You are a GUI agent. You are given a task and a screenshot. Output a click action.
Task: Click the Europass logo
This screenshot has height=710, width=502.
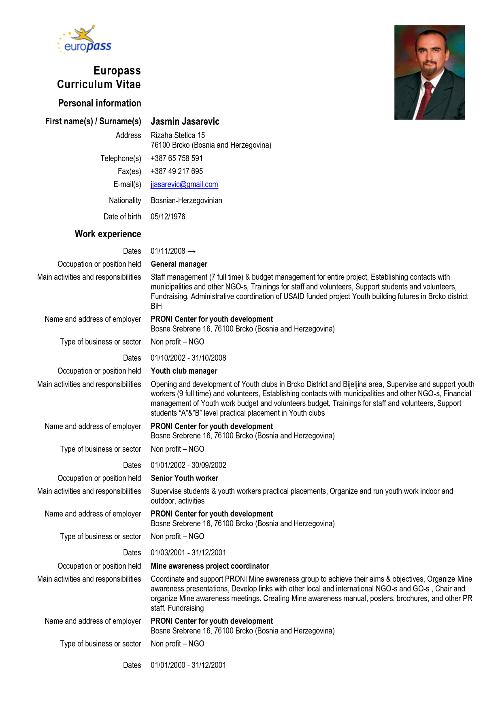(x=85, y=40)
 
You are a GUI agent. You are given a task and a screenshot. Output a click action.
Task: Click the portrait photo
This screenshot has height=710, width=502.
(x=430, y=72)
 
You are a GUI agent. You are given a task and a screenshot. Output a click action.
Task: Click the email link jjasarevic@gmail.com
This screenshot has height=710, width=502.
(x=184, y=185)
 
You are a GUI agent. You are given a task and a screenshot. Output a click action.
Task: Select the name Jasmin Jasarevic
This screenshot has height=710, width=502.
(x=185, y=121)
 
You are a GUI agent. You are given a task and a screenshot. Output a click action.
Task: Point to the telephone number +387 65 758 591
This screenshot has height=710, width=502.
(x=177, y=158)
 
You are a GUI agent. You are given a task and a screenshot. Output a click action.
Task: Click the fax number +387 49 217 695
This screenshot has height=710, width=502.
(x=177, y=171)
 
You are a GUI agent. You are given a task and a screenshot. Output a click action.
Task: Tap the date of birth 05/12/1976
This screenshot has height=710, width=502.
(x=168, y=217)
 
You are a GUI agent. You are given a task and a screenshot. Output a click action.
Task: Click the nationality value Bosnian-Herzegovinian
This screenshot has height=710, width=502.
(x=186, y=200)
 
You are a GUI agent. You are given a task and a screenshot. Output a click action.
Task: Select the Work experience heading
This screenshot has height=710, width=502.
(x=108, y=234)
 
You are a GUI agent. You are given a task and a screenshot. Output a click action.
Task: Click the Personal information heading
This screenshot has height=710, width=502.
(x=100, y=103)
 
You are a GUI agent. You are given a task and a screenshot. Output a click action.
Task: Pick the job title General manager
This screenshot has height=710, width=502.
(x=179, y=264)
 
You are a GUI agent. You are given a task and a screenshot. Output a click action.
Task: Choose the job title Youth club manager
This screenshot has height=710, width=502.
(x=184, y=371)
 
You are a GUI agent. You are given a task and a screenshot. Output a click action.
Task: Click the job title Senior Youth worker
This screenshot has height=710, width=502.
(x=184, y=478)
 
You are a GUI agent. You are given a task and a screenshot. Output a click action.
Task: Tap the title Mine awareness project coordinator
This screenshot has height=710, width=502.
(x=210, y=566)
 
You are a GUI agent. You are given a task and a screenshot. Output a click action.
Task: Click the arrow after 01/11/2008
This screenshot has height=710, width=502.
(x=192, y=251)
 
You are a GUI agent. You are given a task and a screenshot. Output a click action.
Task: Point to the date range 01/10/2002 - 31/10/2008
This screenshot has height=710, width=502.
(x=188, y=358)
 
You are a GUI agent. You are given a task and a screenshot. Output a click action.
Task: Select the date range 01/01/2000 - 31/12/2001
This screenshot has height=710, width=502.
(x=188, y=665)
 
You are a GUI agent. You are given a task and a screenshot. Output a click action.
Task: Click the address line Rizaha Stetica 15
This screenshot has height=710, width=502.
(x=178, y=135)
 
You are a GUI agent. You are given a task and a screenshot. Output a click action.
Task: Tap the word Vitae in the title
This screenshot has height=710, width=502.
(x=128, y=84)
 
